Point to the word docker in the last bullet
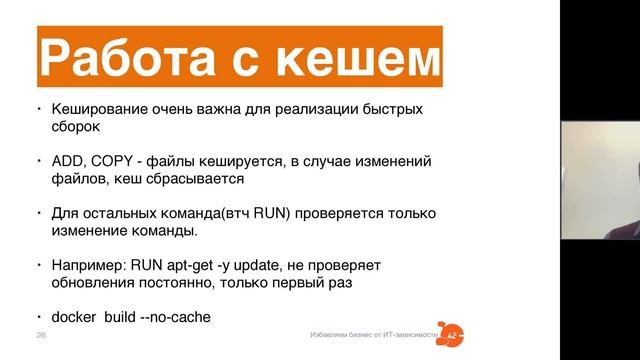point(74,318)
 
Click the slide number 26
point(41,333)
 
